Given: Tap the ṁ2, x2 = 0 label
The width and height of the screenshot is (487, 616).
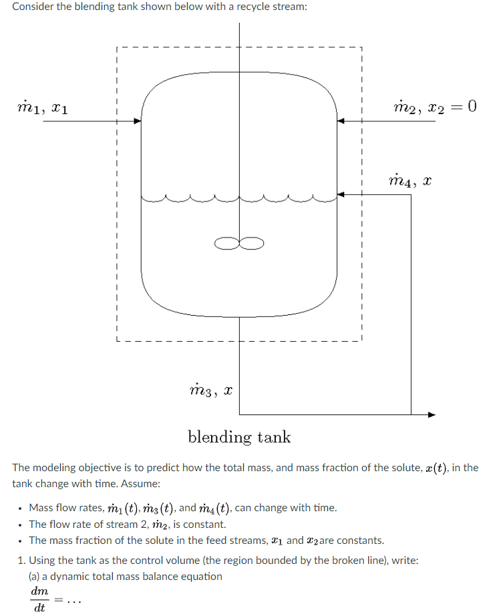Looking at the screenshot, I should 435,106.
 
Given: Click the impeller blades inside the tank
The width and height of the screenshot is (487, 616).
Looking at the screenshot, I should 239,241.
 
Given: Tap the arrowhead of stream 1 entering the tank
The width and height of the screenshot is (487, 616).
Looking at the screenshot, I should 138,121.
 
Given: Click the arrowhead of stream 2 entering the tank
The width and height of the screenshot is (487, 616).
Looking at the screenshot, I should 339,121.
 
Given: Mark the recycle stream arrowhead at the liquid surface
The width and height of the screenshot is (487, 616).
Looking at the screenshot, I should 339,194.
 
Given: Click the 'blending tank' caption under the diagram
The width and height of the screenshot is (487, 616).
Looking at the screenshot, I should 239,437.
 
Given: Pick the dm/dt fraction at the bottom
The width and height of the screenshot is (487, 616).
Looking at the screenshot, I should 39,599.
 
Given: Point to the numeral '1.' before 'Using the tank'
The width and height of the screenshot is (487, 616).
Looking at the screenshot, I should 17,560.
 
